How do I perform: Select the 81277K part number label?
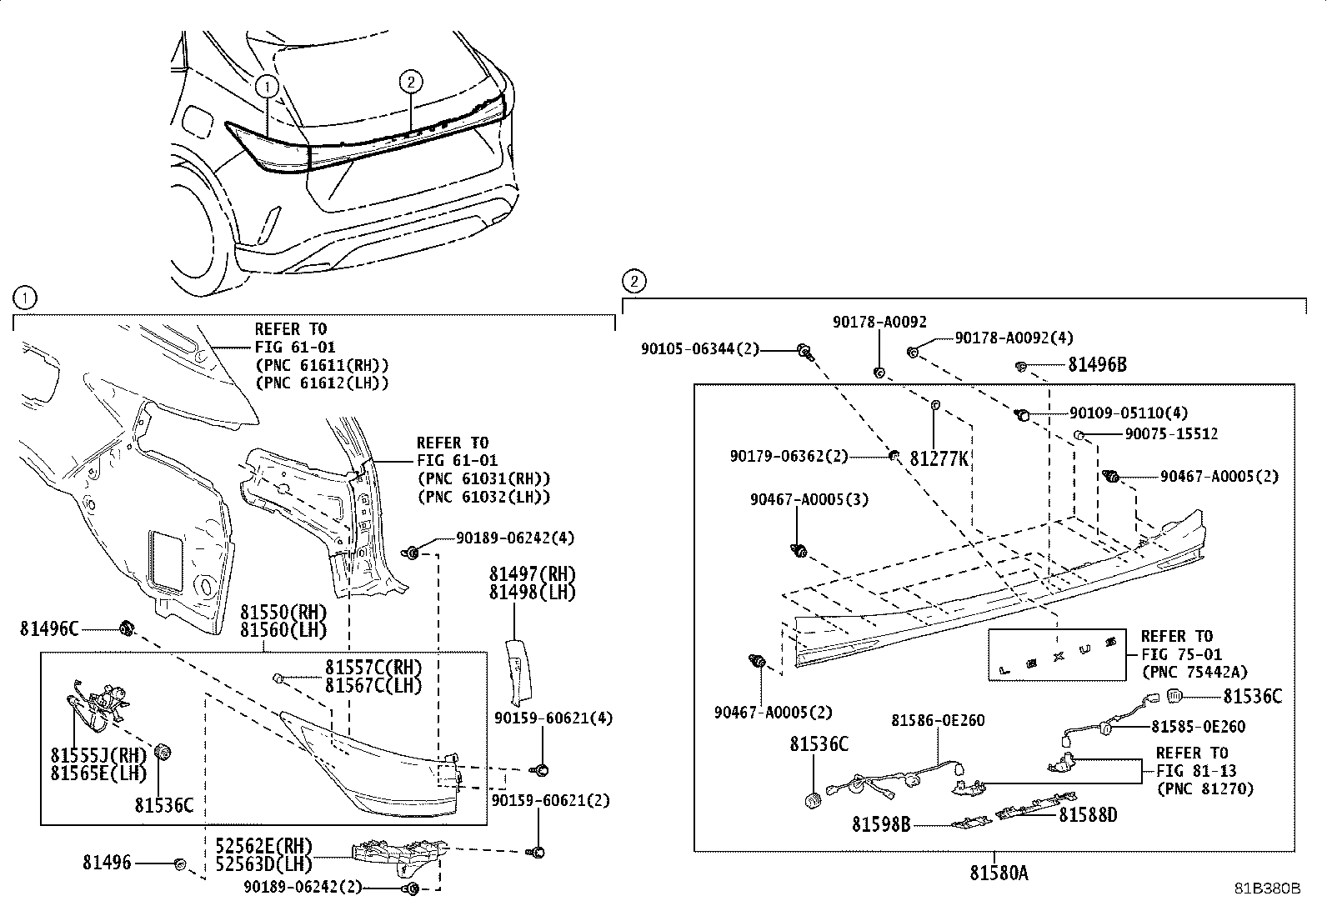[939, 458]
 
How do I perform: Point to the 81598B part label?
[880, 824]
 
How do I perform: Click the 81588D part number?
[1088, 814]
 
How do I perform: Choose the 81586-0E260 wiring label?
[937, 720]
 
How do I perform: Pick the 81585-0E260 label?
[1198, 727]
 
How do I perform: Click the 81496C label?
[49, 628]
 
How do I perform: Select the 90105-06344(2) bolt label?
[700, 349]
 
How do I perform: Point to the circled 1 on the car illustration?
[266, 85]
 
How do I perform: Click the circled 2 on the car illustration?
[411, 81]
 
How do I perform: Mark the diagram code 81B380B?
[1267, 888]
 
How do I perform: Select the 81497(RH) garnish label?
[532, 574]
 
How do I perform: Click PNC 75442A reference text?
[1194, 673]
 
